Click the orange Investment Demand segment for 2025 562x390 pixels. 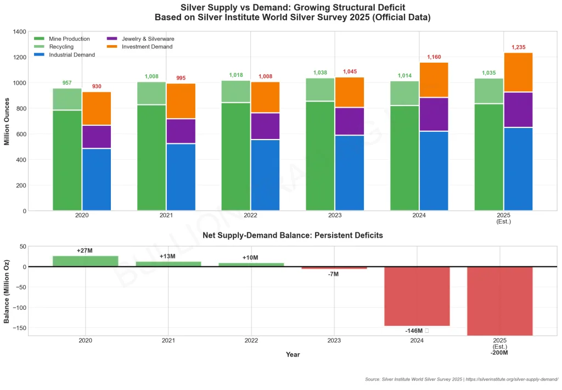coord(518,72)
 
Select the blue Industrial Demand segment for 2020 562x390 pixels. coord(97,179)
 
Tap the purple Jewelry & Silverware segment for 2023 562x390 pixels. coord(350,121)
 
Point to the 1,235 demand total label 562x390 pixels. coord(519,48)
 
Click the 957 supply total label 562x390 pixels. coord(67,83)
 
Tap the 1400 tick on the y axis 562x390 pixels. coord(19,32)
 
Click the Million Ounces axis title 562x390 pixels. coord(7,121)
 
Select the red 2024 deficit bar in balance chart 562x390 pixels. coord(417,296)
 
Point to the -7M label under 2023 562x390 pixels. coord(333,274)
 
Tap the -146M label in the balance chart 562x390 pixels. coord(414,331)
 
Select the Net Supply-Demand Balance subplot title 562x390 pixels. coord(293,235)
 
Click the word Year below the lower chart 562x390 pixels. coord(293,355)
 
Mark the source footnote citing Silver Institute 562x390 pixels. coord(461,380)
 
